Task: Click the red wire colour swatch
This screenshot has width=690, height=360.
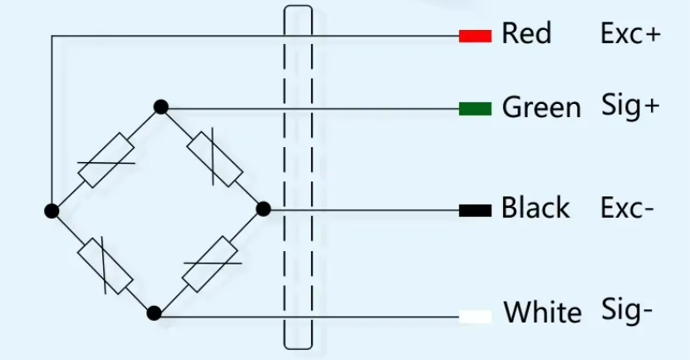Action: [475, 36]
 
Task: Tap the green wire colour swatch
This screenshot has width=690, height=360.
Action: [475, 108]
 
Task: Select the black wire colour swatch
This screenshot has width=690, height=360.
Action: [475, 210]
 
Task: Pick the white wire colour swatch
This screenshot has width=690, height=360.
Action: [475, 315]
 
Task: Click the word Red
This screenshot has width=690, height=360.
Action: [526, 35]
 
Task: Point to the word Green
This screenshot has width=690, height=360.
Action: [541, 108]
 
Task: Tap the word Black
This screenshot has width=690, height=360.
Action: [535, 208]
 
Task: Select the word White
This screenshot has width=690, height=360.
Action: [543, 313]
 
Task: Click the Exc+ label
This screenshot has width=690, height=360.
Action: [631, 35]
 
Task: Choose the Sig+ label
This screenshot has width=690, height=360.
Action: [630, 106]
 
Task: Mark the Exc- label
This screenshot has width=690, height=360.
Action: [628, 208]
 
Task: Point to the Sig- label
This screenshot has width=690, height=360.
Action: [627, 311]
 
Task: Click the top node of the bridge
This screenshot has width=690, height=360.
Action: [161, 106]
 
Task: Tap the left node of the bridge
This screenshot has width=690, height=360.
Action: [52, 210]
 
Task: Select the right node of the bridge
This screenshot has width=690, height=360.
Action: [264, 209]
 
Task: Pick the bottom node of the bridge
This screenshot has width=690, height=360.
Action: [153, 313]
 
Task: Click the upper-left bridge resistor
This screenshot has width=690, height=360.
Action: [106, 160]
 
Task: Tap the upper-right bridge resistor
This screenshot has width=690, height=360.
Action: [214, 159]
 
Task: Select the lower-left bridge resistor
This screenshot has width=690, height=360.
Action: [105, 265]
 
